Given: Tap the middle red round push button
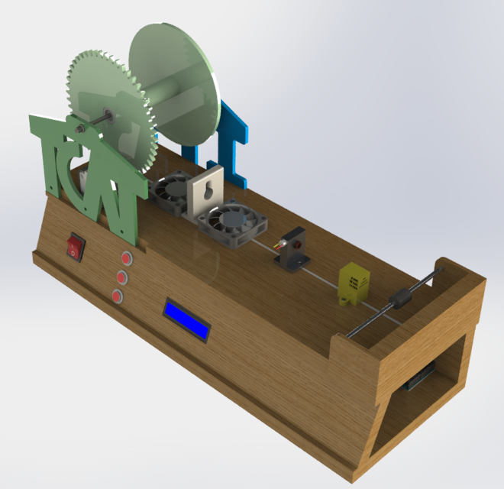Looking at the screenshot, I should tap(121, 277).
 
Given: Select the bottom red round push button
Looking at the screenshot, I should tap(117, 296).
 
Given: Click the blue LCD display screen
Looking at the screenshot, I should tap(187, 319).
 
